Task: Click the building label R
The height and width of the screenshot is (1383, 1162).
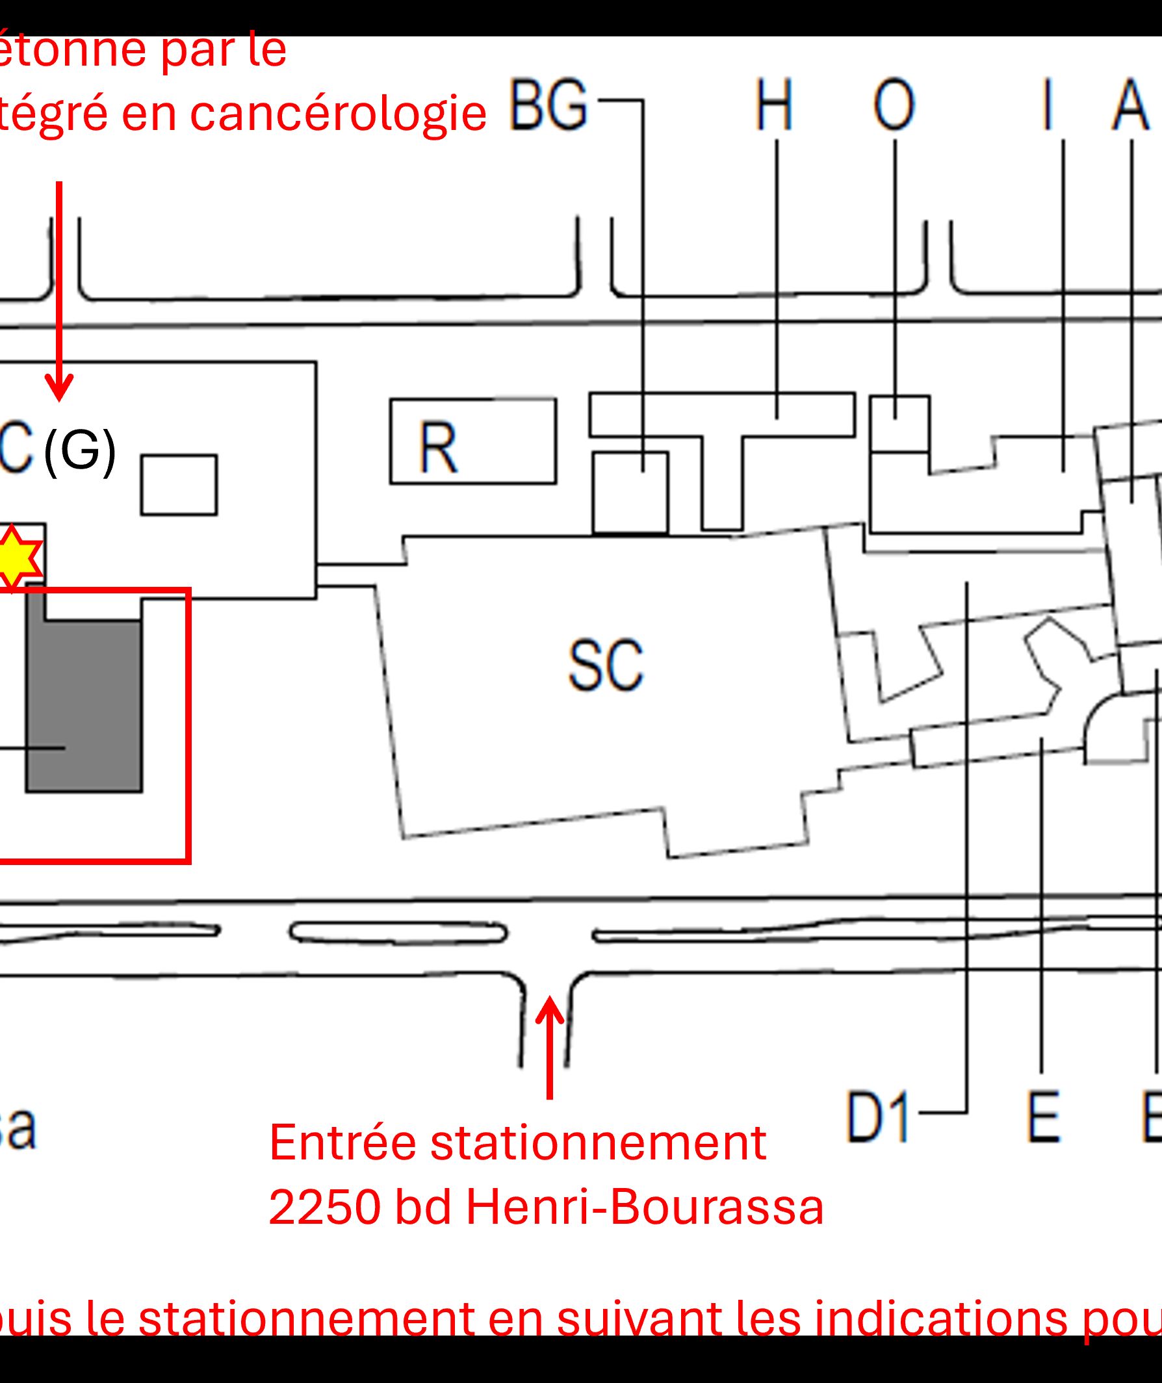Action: click(x=438, y=447)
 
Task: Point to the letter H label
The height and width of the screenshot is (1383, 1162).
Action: click(x=773, y=105)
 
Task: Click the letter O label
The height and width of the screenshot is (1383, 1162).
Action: click(x=894, y=105)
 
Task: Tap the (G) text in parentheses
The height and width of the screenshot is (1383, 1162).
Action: click(x=80, y=451)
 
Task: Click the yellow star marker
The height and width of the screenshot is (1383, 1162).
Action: click(x=13, y=557)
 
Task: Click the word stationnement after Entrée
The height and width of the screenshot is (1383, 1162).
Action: click(x=598, y=1143)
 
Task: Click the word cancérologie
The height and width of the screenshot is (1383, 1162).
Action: click(x=338, y=113)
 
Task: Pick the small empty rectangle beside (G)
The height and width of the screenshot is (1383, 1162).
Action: click(x=179, y=485)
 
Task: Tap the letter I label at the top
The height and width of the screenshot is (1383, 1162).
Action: click(x=1047, y=105)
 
